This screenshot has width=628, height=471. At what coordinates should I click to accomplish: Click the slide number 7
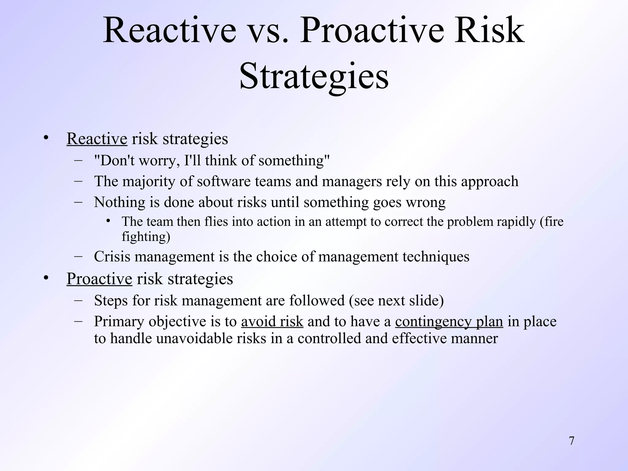pos(571,441)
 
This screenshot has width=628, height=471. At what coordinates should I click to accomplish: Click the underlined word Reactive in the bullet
pos(97,139)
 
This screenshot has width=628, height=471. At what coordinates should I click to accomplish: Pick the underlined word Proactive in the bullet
pos(99,279)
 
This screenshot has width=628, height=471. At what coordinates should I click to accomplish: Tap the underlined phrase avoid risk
pos(272,322)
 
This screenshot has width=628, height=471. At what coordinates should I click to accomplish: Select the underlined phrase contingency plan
pos(449,322)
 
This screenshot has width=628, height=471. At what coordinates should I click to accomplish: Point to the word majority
pos(149,182)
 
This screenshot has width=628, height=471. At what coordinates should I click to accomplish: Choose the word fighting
pos(146,237)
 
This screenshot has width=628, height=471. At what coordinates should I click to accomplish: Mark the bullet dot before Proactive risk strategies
pos(46,278)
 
